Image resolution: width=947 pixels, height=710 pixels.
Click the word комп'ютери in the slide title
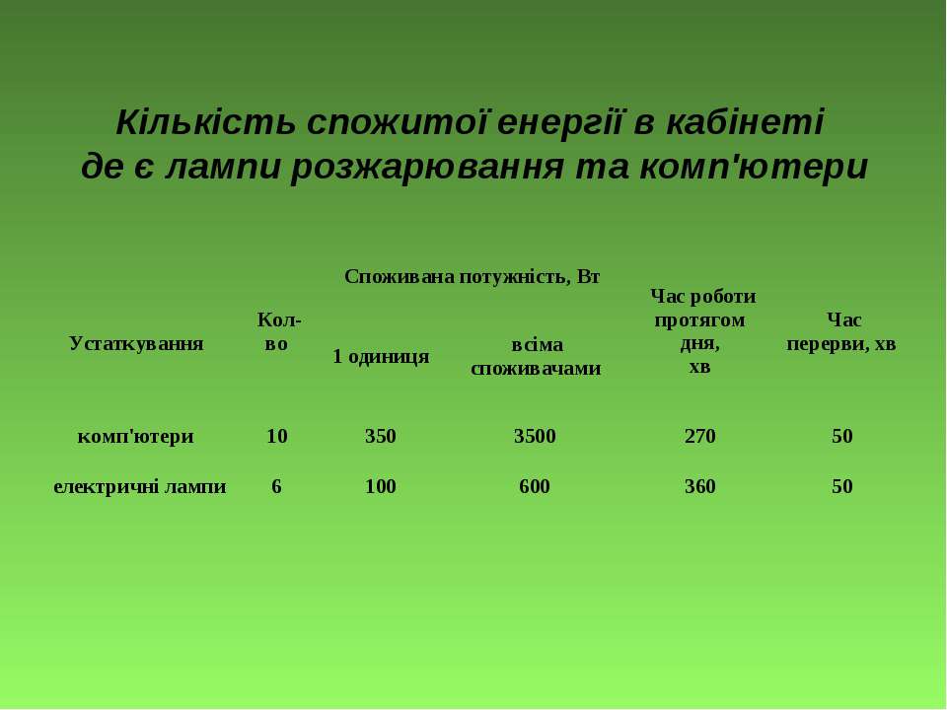(753, 168)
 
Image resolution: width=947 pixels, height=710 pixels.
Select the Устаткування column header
(136, 343)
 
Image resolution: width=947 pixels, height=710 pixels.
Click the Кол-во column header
(278, 331)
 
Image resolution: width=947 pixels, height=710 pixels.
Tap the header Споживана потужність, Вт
(472, 276)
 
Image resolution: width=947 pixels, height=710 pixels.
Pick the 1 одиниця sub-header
(381, 356)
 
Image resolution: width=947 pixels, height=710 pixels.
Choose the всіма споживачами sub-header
(536, 356)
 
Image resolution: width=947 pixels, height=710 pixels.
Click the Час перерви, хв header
(841, 331)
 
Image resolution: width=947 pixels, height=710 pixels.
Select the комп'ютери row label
(136, 436)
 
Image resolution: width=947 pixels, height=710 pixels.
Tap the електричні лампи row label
(139, 486)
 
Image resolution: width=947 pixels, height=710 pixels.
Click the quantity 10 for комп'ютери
(277, 436)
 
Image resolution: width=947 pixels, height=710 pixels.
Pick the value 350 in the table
(381, 436)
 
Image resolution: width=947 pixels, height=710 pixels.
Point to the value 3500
(535, 436)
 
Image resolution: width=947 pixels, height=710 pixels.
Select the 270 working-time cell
(700, 436)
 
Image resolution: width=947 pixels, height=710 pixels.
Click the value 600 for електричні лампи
(535, 486)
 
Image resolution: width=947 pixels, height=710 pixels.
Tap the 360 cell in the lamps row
(700, 486)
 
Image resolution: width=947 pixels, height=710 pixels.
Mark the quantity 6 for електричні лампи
(276, 486)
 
